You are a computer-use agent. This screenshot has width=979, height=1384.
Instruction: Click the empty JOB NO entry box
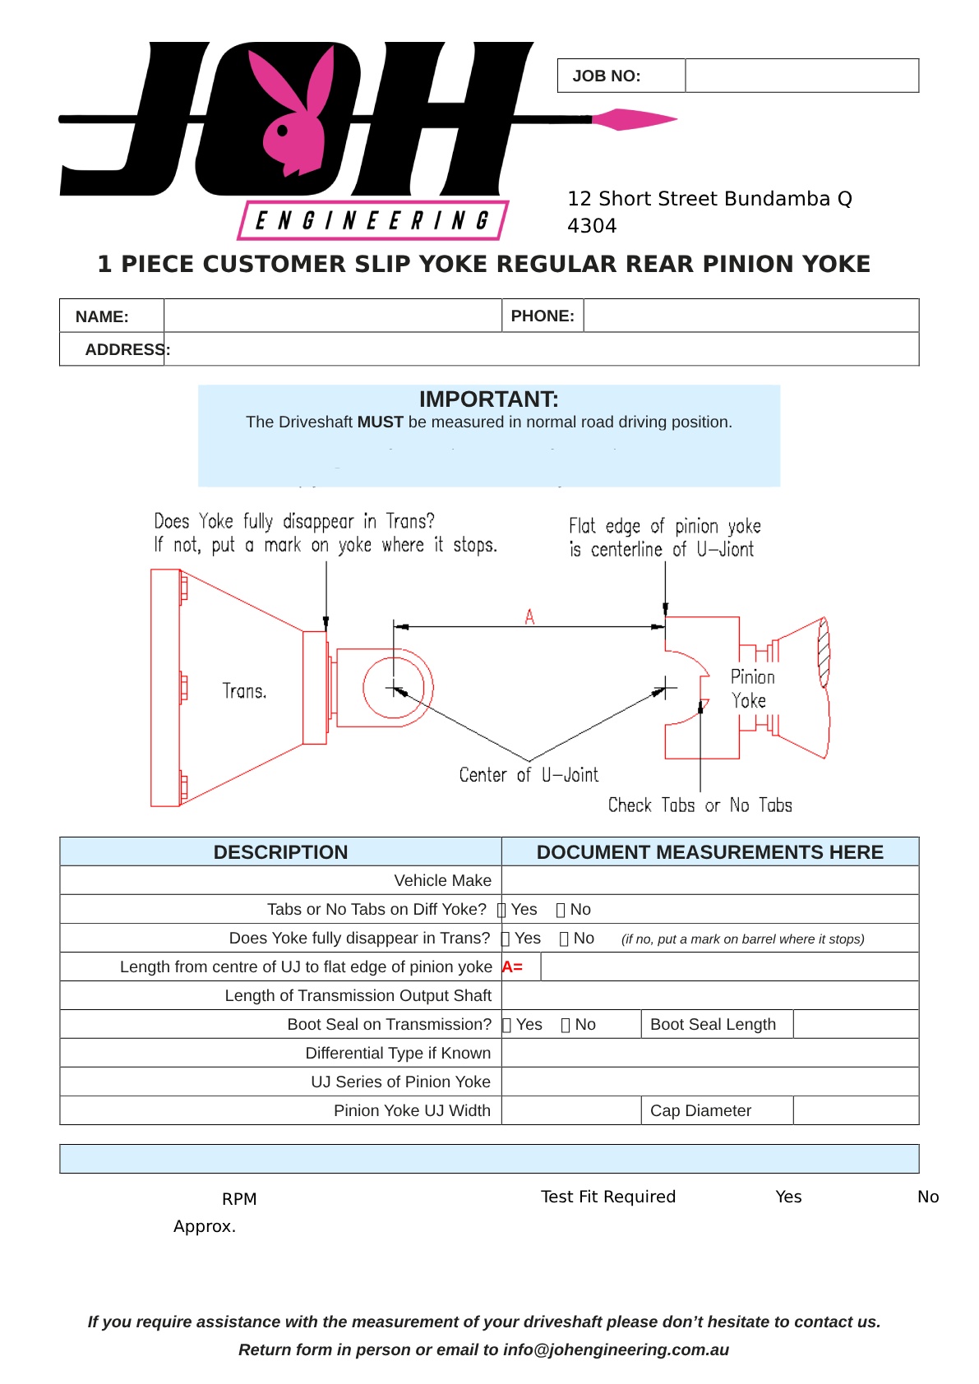pos(801,76)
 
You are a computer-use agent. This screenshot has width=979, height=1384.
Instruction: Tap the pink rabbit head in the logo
pos(293,115)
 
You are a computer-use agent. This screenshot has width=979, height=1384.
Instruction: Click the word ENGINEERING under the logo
pos(372,221)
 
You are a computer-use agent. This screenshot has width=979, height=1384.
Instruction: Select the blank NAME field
pos(332,316)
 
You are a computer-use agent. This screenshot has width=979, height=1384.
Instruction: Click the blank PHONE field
pos(750,316)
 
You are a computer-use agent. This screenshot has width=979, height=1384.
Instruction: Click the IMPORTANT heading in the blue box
pos(488,399)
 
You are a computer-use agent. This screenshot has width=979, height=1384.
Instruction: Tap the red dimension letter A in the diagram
pos(529,616)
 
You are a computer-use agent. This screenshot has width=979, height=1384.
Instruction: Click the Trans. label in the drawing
pos(244,691)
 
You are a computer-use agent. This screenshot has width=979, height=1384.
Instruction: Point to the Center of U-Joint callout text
pos(529,775)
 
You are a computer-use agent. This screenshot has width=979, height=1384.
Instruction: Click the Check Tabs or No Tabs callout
pos(700,805)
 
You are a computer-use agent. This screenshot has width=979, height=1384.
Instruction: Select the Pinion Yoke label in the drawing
pos(751,689)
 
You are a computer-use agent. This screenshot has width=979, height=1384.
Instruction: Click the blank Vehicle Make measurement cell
pos(709,880)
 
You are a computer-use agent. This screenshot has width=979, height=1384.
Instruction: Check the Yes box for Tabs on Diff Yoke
pos(502,910)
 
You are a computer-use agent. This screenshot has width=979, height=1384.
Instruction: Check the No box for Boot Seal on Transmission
pos(566,1025)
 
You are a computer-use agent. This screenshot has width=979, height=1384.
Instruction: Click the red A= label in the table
pos(512,967)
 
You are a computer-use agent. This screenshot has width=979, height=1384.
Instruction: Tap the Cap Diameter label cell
pos(700,1110)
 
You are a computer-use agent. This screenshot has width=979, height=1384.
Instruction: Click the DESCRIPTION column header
pos(280,852)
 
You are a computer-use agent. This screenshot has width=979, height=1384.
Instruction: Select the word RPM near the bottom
pos(239,1199)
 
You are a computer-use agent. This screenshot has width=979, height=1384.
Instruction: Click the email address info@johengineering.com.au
pos(616,1349)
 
